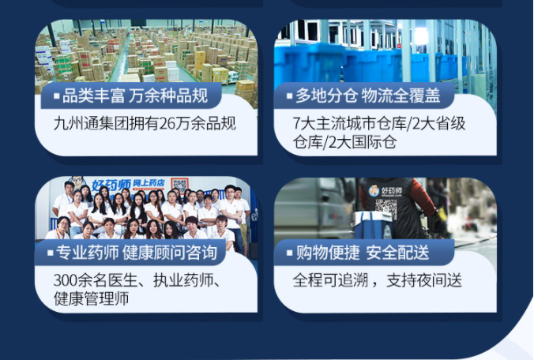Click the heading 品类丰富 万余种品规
point(135,96)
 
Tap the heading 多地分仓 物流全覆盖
point(368,96)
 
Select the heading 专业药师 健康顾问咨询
point(137,253)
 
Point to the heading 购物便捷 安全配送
point(363,253)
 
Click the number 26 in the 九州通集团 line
point(167,123)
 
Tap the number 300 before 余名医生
point(66,280)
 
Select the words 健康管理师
point(92,298)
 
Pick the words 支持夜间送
point(424,280)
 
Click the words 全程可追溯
point(330,280)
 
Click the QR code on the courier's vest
point(385,208)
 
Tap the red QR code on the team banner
point(180,186)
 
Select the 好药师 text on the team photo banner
point(111,186)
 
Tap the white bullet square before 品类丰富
point(57,96)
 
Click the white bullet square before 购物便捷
point(290,253)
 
